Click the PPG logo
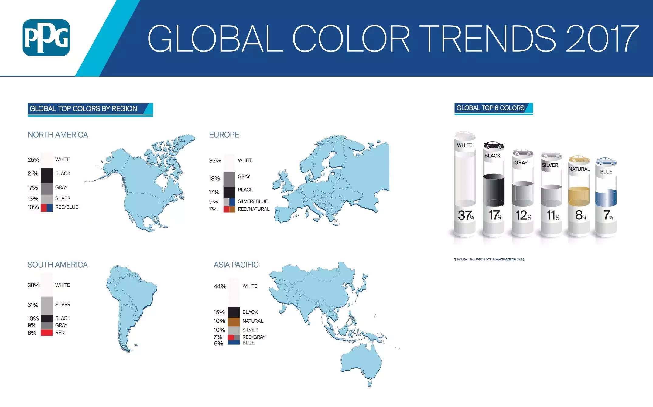pyautogui.click(x=46, y=38)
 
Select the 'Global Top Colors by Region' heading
pyautogui.click(x=84, y=108)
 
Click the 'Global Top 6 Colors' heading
pyautogui.click(x=490, y=108)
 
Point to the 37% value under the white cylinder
pyautogui.click(x=466, y=216)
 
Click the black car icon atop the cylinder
pyautogui.click(x=494, y=145)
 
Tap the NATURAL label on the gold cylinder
pyautogui.click(x=579, y=169)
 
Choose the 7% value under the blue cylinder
pyautogui.click(x=608, y=215)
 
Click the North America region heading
pyautogui.click(x=58, y=135)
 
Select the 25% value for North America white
pyautogui.click(x=33, y=160)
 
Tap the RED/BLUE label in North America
pyautogui.click(x=67, y=207)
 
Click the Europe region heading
pyautogui.click(x=224, y=135)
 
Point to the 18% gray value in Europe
pyautogui.click(x=214, y=179)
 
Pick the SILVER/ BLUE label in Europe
pyautogui.click(x=253, y=201)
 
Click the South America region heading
pyautogui.click(x=57, y=265)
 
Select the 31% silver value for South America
pyautogui.click(x=33, y=305)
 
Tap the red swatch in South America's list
pyautogui.click(x=47, y=333)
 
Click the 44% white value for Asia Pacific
pyautogui.click(x=220, y=286)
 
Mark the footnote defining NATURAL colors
pyautogui.click(x=489, y=259)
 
